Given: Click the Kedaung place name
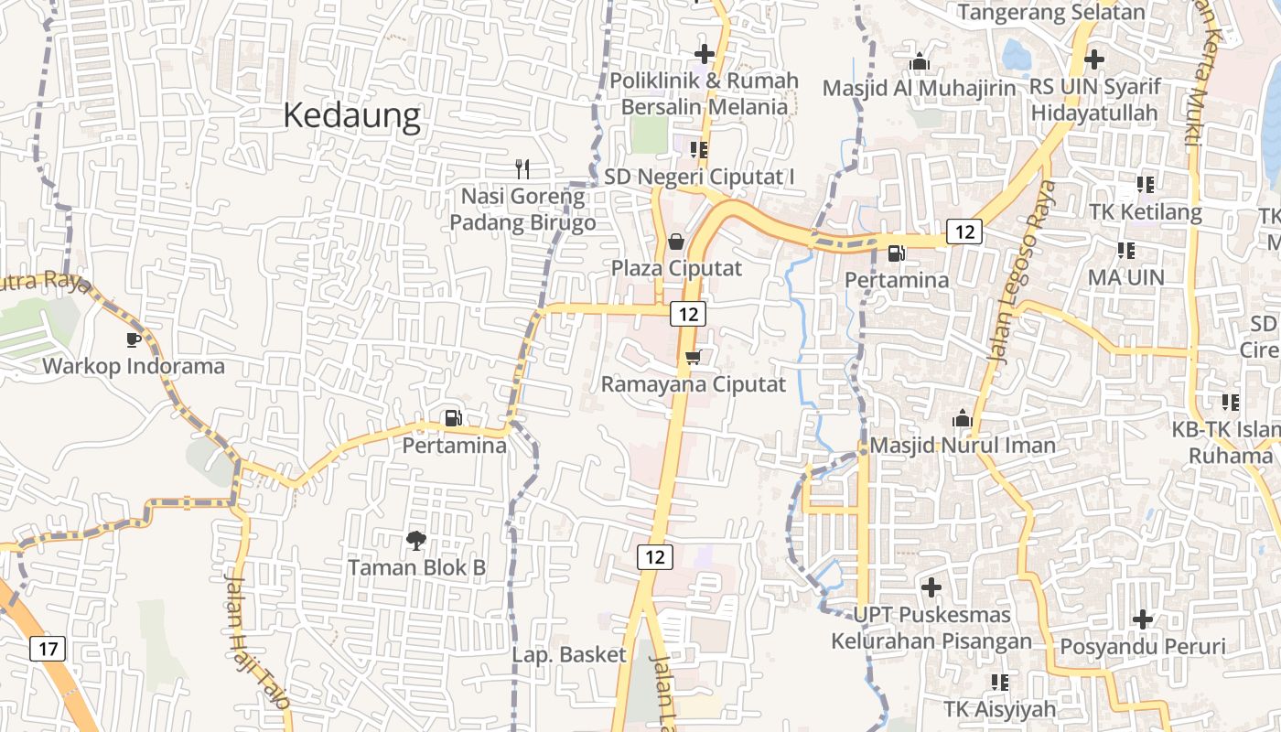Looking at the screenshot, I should (x=351, y=116).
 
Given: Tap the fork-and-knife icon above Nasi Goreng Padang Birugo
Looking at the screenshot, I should (x=522, y=168).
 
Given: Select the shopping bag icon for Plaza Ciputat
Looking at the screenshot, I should (x=675, y=242).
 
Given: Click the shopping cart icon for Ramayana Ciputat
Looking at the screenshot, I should (x=693, y=357).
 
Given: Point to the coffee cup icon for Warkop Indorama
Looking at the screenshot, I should (x=134, y=339).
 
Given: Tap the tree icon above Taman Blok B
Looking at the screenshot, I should (x=416, y=540).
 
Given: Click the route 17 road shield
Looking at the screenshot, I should (x=48, y=650).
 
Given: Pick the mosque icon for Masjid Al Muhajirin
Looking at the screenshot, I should (x=920, y=61).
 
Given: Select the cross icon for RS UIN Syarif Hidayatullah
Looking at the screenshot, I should (x=1093, y=59).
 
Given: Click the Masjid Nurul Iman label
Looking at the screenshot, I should (x=963, y=446).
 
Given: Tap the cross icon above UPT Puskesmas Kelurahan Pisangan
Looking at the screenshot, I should (x=931, y=587).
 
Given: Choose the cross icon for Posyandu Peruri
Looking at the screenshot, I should (x=1142, y=619).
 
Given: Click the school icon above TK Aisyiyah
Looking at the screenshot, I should (x=1000, y=682).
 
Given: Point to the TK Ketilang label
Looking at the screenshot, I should (x=1145, y=212).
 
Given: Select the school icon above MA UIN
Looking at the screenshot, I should (x=1126, y=250).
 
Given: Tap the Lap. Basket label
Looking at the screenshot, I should (x=569, y=655).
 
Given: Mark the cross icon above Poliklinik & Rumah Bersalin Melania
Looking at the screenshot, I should (x=704, y=54).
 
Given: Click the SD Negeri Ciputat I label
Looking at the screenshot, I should (x=700, y=176).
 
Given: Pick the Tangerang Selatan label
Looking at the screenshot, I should (x=1051, y=13).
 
